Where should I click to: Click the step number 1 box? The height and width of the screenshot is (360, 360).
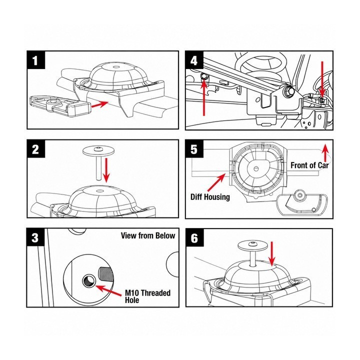36,60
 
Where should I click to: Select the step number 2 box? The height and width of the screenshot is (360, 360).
36,149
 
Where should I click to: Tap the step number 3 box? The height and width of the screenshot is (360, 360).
35,237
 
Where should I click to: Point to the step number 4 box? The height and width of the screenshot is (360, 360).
194,60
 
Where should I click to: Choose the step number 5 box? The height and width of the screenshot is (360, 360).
194,149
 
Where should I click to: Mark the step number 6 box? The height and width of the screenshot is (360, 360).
194,237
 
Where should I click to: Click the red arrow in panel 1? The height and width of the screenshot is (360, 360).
100,104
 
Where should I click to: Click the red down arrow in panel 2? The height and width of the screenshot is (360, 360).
106,170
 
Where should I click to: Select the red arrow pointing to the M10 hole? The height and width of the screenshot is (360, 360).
108,290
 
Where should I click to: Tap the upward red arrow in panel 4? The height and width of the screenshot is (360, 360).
204,97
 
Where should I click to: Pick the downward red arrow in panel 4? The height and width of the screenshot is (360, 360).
322,79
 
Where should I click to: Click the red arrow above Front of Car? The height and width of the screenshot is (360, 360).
325,152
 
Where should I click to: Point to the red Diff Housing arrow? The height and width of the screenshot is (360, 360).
216,182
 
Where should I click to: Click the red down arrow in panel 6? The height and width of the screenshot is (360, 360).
272,253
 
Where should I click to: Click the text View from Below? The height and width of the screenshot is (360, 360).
148,235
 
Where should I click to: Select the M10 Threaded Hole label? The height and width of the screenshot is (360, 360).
147,296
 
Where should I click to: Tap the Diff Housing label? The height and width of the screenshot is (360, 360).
210,197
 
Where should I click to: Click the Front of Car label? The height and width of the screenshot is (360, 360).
309,165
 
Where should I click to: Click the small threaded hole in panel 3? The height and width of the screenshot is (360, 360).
89,280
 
